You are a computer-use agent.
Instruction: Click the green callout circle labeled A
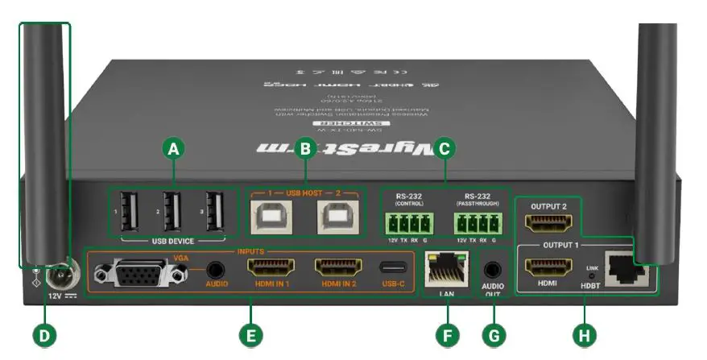coord(173,148)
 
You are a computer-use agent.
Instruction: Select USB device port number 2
coord(172,212)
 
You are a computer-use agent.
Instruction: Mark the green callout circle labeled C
coord(443,148)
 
